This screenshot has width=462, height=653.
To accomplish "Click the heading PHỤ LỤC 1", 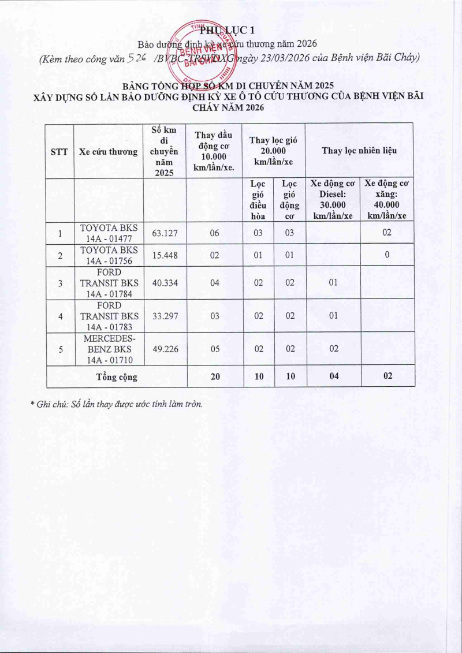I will click(230, 29).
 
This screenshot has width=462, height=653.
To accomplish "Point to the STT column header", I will click(59, 152).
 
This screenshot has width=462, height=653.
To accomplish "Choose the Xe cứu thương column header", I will click(109, 152).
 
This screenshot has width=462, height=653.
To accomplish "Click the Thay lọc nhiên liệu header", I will click(359, 151).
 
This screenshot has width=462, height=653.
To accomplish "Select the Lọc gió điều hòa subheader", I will click(258, 200).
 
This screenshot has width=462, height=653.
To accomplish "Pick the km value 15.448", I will click(165, 255).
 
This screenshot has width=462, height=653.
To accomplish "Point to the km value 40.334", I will click(165, 282).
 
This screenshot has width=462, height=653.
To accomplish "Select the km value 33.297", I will click(165, 316).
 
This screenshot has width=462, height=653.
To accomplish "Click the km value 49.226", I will click(165, 349).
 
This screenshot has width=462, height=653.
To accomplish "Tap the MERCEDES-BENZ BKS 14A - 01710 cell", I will click(109, 349).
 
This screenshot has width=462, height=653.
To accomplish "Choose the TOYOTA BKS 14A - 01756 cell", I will click(109, 255).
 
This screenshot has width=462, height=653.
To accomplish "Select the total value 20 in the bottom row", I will click(215, 376).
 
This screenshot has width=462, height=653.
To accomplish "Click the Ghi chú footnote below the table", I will click(116, 404).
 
